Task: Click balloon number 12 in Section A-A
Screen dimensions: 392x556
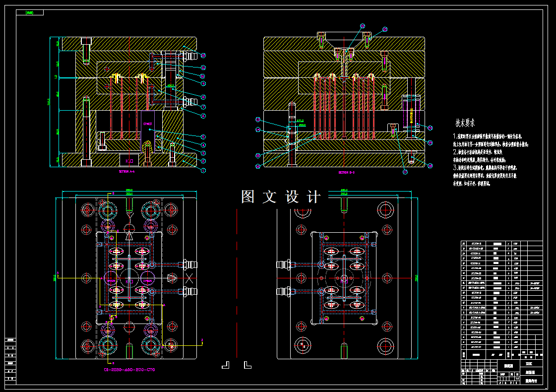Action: pyautogui.click(x=203, y=56)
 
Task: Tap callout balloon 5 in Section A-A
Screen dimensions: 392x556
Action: pyautogui.click(x=203, y=136)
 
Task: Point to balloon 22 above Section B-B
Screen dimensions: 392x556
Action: pyautogui.click(x=362, y=26)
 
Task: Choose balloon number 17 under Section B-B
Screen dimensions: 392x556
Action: pyautogui.click(x=405, y=172)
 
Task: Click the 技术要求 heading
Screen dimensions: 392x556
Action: pyautogui.click(x=465, y=122)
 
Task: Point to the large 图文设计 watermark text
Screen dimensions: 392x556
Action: pyautogui.click(x=281, y=197)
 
